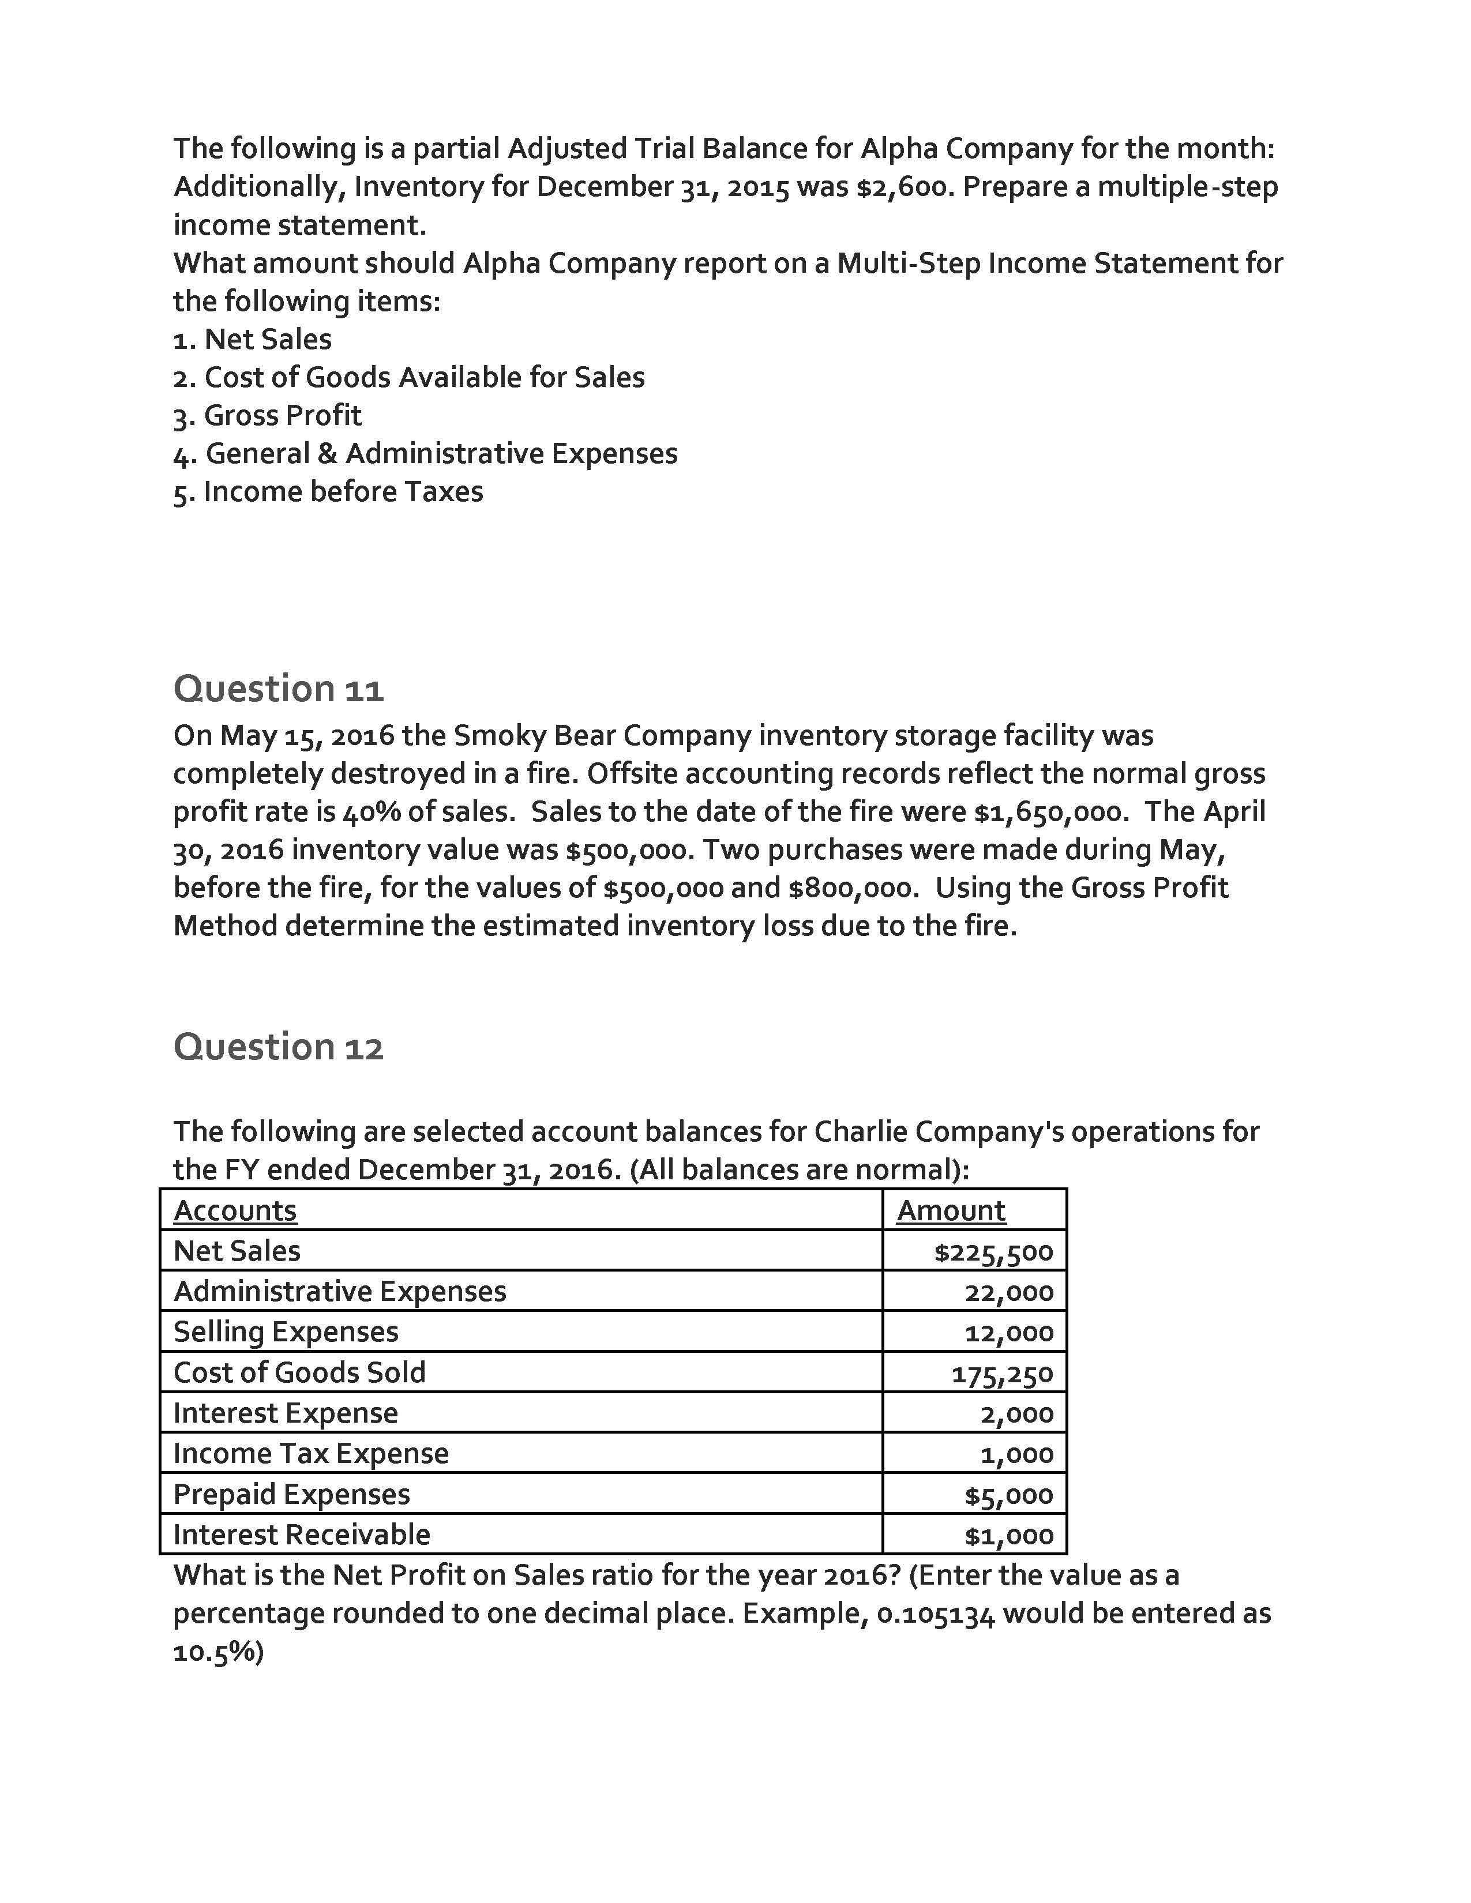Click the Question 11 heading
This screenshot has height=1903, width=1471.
coord(278,689)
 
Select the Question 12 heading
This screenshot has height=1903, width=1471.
coord(278,1047)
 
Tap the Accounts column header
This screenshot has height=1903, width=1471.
coord(235,1210)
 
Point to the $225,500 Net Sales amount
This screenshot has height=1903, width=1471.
coord(993,1252)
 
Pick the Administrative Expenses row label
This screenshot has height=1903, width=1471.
coord(340,1291)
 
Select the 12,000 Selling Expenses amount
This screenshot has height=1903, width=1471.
coord(1009,1333)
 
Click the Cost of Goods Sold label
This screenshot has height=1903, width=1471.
coord(300,1372)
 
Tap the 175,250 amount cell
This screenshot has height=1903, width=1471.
coord(1002,1374)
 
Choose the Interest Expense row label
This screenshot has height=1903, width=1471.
coord(286,1412)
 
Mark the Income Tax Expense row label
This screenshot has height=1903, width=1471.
coord(311,1453)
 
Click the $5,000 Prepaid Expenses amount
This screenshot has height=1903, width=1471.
coord(1009,1495)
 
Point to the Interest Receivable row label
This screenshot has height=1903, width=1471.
coord(302,1535)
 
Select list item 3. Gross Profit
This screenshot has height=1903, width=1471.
coord(268,416)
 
